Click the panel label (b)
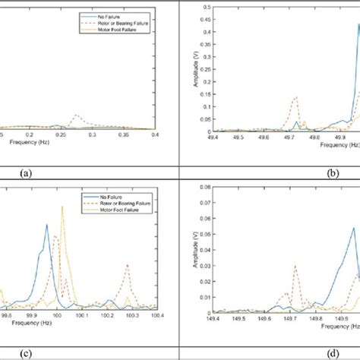coord(331,173)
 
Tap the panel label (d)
coord(331,353)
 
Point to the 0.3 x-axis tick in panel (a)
coord(93,134)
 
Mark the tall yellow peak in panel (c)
coord(62,207)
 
